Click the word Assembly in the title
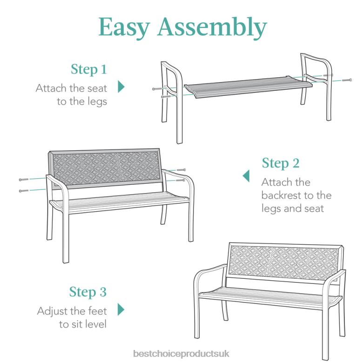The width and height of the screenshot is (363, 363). coord(213,28)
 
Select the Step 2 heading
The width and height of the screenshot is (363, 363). coord(280,163)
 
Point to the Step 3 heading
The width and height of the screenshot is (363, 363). coord(88,292)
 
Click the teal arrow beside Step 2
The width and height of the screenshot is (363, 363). coord(246,176)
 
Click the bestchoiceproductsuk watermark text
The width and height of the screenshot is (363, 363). coord(181,353)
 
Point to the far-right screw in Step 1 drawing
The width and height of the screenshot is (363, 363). coord(346,81)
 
